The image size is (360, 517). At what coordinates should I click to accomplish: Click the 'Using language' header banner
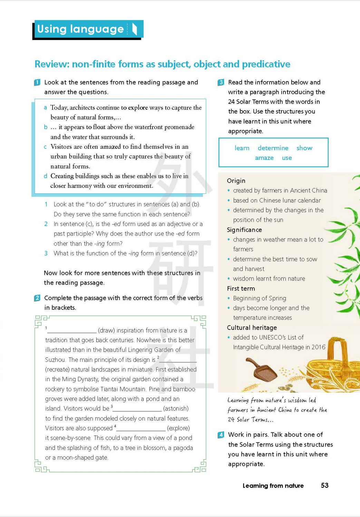click(88, 29)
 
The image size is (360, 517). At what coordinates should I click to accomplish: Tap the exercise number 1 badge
click(37, 83)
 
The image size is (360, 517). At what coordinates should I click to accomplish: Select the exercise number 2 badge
click(37, 298)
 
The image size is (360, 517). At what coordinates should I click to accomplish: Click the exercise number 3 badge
click(221, 83)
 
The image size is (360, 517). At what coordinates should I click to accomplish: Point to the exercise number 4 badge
click(221, 435)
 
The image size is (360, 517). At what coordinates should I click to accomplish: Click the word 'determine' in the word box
click(273, 148)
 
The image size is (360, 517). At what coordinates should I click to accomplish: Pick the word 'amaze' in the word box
click(264, 158)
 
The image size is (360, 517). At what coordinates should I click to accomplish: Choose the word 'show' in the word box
click(304, 148)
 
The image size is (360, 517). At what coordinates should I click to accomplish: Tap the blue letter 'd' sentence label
click(45, 176)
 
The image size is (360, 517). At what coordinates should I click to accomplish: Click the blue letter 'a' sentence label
click(45, 108)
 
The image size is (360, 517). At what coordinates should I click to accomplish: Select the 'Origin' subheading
click(236, 181)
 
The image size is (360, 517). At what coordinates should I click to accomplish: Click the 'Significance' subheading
click(244, 230)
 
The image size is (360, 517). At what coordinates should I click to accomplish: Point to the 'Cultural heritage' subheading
click(252, 328)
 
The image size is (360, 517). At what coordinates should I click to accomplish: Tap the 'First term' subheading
click(241, 289)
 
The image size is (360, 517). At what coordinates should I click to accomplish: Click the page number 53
click(324, 486)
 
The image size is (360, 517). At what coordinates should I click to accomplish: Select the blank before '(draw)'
click(72, 331)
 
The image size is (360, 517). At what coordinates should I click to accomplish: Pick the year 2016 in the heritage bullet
click(318, 347)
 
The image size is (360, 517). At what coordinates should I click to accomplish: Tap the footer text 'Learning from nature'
click(273, 486)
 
